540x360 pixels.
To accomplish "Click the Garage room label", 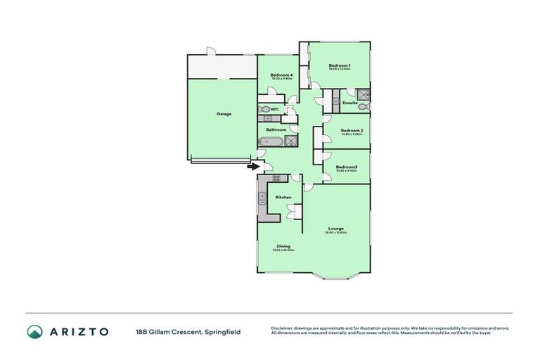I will [224, 114].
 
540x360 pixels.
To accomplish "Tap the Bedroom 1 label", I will [340, 66].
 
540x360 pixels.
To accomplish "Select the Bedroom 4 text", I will [281, 75].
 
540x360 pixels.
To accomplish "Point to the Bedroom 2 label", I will [352, 131].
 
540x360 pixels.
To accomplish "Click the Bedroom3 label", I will [347, 167].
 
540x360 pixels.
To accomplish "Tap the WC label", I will [275, 109].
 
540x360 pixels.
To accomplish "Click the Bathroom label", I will [276, 129].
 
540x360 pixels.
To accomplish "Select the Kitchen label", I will [283, 197].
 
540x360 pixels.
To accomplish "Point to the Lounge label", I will [336, 229].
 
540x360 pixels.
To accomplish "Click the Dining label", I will [283, 246].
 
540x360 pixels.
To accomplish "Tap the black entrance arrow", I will [252, 167].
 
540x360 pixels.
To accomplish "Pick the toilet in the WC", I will [265, 109].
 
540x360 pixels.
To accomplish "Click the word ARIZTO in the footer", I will [79, 331].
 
